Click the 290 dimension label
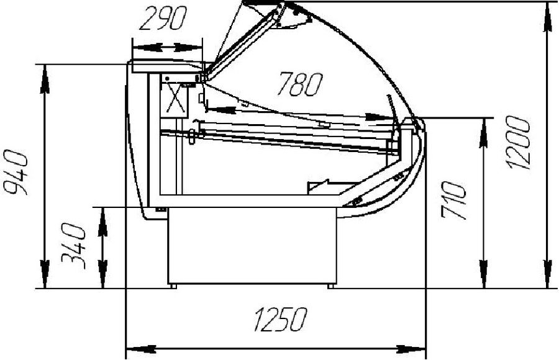pos(163,19)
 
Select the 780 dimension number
pos(300,84)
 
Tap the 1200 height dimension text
pos(519,143)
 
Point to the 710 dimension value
pos(453,200)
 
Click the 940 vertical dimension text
pos(16,173)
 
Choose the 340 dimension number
pos(74,246)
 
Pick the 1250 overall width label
pos(281,320)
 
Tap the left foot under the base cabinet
pos(173,286)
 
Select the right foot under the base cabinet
pos(331,286)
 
